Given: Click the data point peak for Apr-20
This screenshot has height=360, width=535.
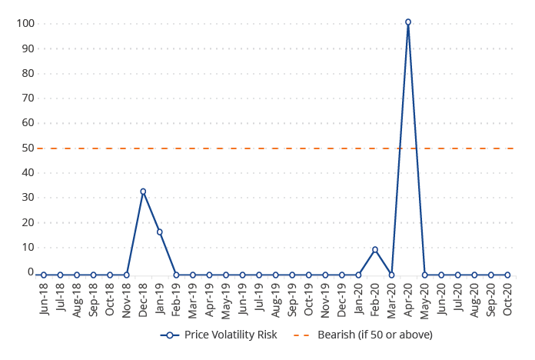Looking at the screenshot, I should point(408,22).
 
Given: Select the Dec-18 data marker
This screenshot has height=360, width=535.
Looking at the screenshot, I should point(143,192).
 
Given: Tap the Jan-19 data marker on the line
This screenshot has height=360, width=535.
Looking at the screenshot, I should point(160,232).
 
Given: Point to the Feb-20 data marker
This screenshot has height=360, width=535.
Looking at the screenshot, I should point(375,249).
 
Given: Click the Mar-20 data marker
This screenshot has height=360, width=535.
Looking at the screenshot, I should point(392,275).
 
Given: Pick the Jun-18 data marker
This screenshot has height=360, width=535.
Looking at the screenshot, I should point(44,275).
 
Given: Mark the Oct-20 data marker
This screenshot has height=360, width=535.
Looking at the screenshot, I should point(507,275).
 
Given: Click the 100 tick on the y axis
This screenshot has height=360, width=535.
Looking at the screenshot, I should point(25,23).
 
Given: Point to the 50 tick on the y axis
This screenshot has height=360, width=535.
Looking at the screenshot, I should point(28,148).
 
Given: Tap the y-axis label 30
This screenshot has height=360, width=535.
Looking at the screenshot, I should point(28,198).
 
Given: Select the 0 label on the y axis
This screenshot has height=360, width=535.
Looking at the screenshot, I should point(31,272).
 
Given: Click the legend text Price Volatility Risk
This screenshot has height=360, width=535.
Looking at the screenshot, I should point(231,335).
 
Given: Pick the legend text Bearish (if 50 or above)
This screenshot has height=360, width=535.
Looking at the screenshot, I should point(375,335).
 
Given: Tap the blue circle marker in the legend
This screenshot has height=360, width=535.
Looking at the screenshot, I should point(170,335).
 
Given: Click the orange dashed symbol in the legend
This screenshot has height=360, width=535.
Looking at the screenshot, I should point(301,335).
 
